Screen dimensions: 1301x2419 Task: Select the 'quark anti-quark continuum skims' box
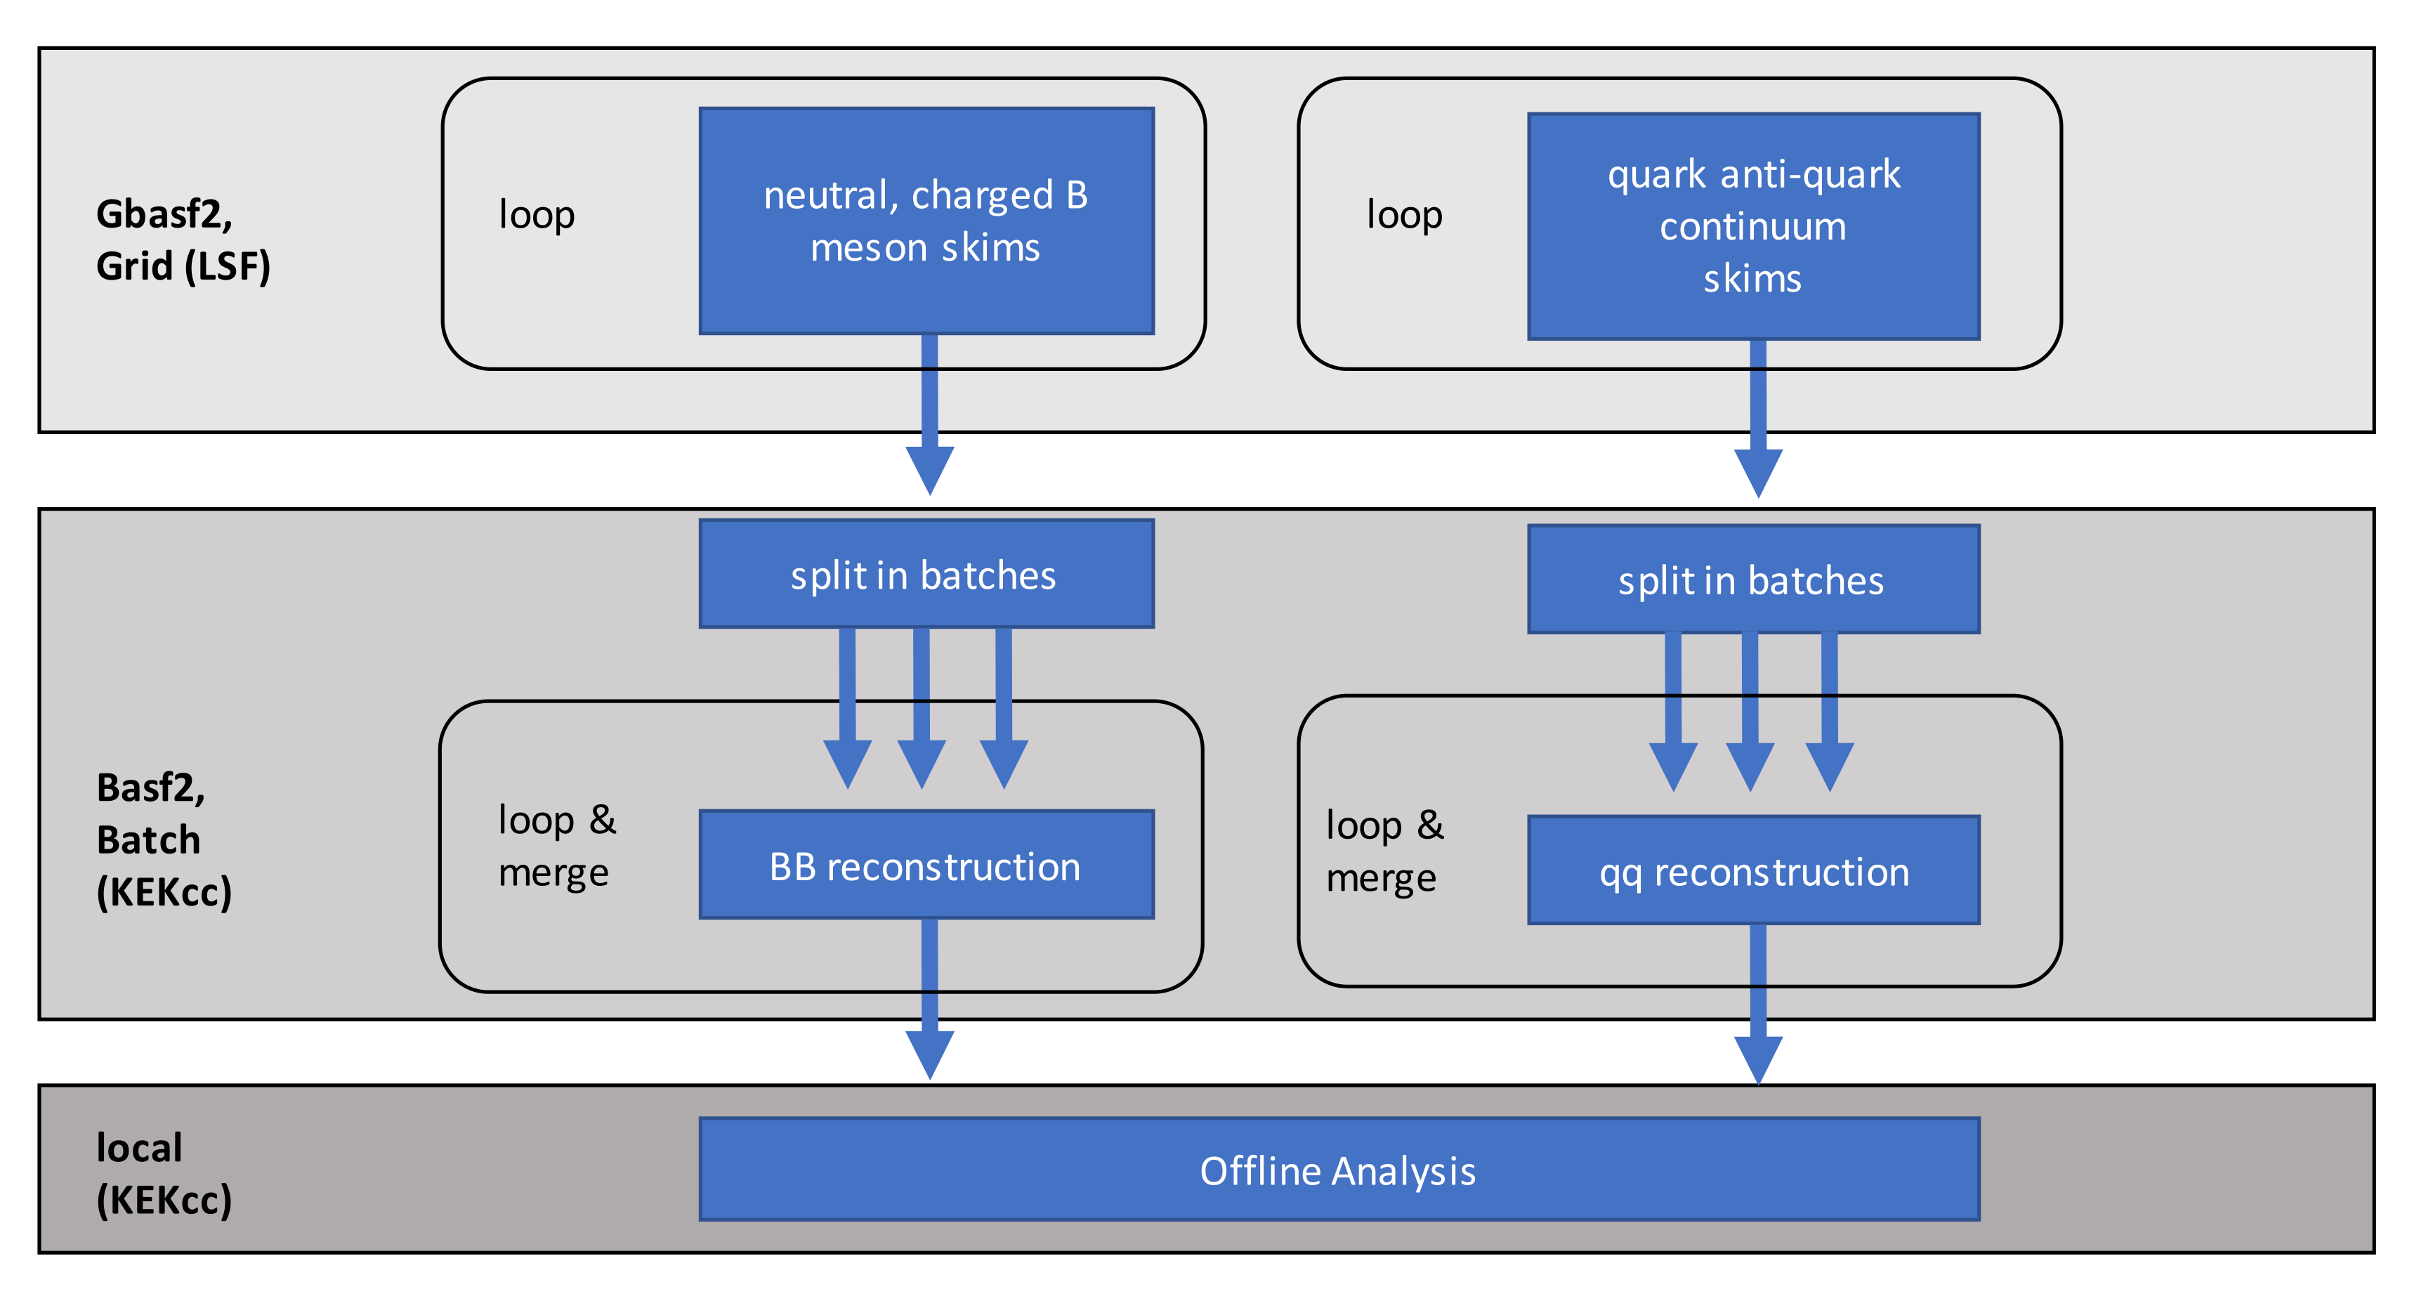[1752, 226]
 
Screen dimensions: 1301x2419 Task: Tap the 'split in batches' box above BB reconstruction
[926, 574]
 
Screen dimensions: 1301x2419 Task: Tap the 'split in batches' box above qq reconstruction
[1752, 580]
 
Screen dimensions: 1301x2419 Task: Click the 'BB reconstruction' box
[926, 865]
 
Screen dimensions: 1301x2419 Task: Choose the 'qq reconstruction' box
[1752, 871]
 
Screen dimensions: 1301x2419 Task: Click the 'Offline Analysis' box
[1339, 1170]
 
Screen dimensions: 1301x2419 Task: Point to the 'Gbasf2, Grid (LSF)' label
[183, 240]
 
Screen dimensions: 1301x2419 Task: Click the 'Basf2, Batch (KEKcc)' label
[164, 839]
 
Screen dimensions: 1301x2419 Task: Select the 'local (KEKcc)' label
[164, 1173]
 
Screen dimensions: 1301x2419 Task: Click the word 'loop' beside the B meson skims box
[536, 215]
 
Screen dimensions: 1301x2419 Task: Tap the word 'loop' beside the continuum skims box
[1404, 215]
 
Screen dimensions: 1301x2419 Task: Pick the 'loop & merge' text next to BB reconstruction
[556, 845]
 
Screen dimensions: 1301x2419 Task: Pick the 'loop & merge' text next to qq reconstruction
[1384, 851]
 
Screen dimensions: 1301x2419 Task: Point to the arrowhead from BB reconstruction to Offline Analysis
[930, 1053]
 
